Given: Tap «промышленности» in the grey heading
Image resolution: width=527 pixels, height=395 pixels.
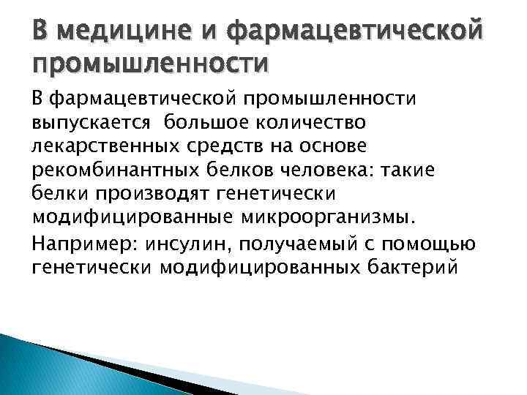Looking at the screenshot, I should coord(149,65).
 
